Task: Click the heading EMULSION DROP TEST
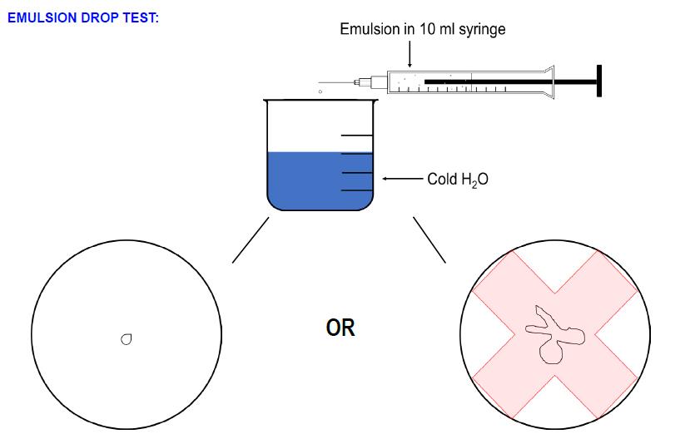point(82,17)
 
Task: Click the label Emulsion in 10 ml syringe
point(422,29)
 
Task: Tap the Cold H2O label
point(457,179)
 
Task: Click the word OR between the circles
point(340,328)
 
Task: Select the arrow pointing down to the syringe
point(410,55)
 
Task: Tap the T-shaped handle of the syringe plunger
point(598,81)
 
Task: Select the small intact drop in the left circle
point(127,338)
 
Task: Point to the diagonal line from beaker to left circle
point(251,239)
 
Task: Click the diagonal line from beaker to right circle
point(429,239)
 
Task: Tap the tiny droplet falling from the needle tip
point(320,91)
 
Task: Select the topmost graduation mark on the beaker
point(357,135)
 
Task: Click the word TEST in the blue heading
point(139,17)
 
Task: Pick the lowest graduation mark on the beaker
point(357,190)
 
